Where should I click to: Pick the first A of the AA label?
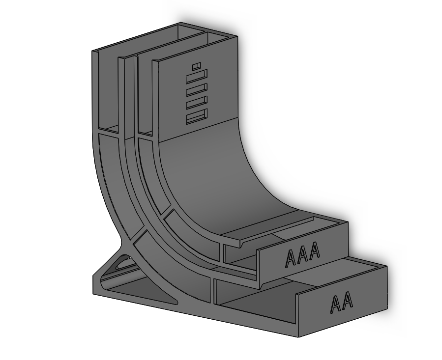(x=335, y=305)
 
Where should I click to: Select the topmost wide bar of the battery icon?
(x=196, y=76)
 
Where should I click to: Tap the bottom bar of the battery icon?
(x=196, y=116)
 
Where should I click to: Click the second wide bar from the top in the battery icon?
(x=196, y=89)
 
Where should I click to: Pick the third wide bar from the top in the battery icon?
(x=196, y=103)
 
